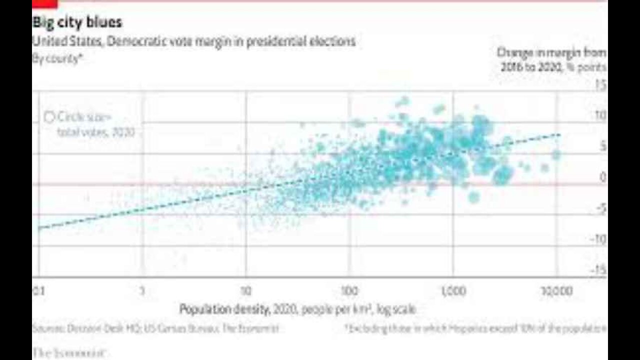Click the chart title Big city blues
77,22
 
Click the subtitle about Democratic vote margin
193,41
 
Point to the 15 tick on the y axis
600,85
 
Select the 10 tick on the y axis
600,116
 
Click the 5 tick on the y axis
602,146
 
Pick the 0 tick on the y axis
602,177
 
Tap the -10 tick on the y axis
599,239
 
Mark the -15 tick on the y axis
599,270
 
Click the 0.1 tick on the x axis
38,291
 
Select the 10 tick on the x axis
245,291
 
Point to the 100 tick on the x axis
349,291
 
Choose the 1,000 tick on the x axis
453,291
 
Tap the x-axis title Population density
297,309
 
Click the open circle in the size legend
49,117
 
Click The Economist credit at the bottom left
69,353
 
